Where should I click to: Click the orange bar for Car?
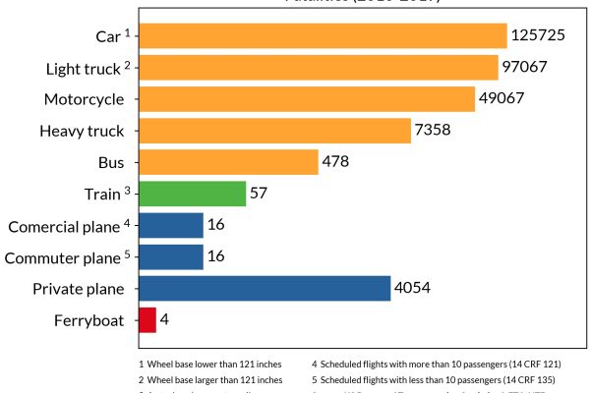pyautogui.click(x=323, y=36)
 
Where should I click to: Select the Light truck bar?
pyautogui.click(x=319, y=68)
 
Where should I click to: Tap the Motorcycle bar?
pyautogui.click(x=307, y=99)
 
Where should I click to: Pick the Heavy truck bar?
pyautogui.click(x=274, y=131)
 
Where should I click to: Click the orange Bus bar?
pyautogui.click(x=228, y=162)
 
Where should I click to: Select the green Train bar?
pyautogui.click(x=192, y=194)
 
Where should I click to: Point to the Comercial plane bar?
pyautogui.click(x=171, y=226)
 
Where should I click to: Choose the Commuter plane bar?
pyautogui.click(x=171, y=257)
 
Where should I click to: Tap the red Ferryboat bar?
pyautogui.click(x=147, y=320)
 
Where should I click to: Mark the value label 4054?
pyautogui.click(x=413, y=289)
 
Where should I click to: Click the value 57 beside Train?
pyautogui.click(x=259, y=194)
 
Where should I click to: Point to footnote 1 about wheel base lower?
pyautogui.click(x=210, y=364)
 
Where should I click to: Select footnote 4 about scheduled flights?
pyautogui.click(x=436, y=364)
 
